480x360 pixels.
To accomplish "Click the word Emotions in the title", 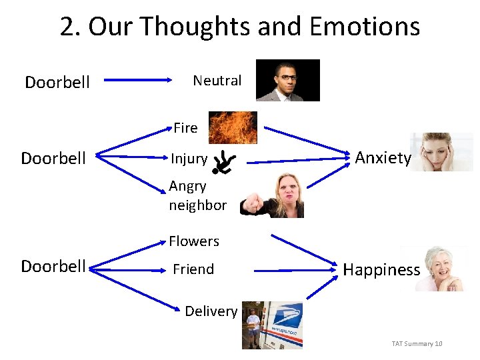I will pos(364,27).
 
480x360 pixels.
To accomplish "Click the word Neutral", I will pos(217,81).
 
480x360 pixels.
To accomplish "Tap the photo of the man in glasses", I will pos(287,81).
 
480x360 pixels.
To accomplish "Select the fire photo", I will pos(232,127).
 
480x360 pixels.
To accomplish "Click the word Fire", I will pos(185,127).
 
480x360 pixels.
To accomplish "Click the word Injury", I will pos(189,159).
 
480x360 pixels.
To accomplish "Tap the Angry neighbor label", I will pos(197,195).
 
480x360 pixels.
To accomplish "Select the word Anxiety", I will pos(383,158).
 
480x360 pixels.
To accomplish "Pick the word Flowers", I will pos(193,241).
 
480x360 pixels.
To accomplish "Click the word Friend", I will pos(193,269).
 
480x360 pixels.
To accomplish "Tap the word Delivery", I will pos(211,311).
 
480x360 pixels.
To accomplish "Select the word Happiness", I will pos(381,269).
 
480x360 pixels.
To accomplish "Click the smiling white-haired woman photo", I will pos(439,269).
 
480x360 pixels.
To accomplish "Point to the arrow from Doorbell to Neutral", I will pos(139,81).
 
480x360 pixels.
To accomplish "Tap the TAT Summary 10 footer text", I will pos(417,343).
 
